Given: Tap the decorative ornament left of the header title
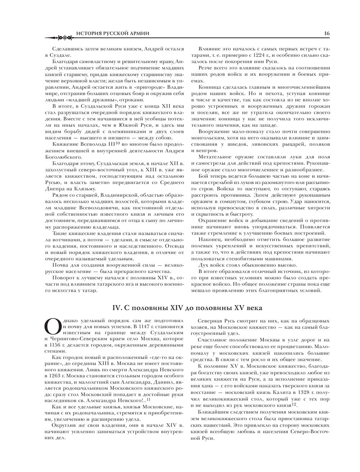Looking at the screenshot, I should click(59, 37).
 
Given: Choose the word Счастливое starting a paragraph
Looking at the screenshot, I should click(213, 339).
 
